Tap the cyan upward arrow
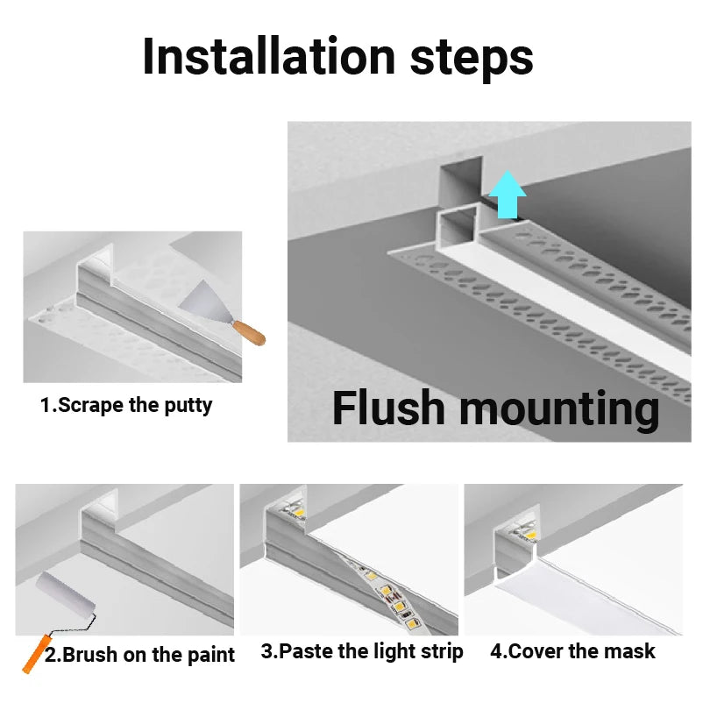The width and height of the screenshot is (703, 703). pyautogui.click(x=507, y=194)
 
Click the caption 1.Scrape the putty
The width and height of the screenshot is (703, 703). pyautogui.click(x=126, y=406)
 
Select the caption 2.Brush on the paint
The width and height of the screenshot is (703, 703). pyautogui.click(x=139, y=655)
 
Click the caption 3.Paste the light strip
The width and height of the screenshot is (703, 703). pyautogui.click(x=362, y=651)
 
